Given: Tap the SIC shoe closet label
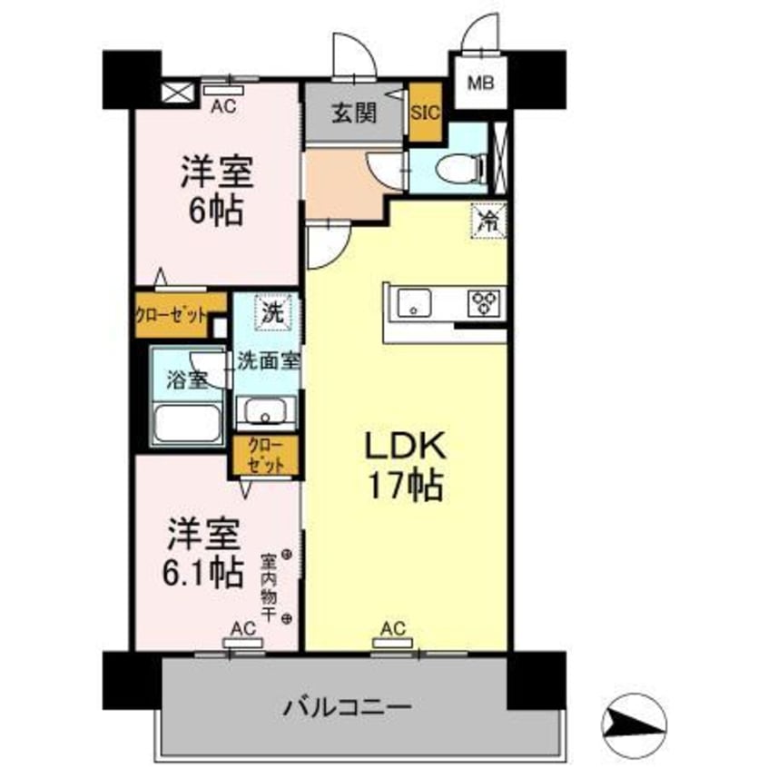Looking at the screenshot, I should (x=425, y=113).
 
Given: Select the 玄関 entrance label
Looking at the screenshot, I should (x=352, y=114).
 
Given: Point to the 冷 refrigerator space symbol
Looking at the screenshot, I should (x=487, y=220).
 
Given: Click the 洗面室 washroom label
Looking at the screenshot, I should (x=268, y=359).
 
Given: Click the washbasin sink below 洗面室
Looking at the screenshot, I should (x=266, y=414).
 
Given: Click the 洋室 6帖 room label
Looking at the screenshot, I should (x=216, y=191).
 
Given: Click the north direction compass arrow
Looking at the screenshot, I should (x=631, y=716).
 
